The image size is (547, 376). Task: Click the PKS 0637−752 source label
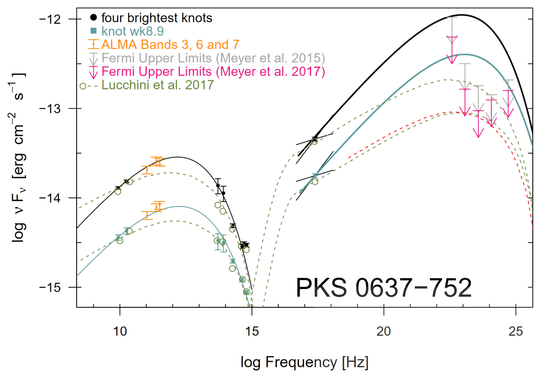coord(384,288)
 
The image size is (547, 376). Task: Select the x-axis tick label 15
coord(252,331)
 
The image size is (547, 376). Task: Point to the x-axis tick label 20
coord(384,331)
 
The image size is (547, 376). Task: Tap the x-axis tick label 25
coord(516,331)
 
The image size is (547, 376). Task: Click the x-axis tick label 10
coord(120,331)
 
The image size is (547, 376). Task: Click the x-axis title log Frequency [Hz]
coord(304,362)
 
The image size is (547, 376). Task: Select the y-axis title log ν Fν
coord(18,158)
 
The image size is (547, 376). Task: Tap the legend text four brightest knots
coord(157,18)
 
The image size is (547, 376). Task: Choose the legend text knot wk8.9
coord(132,31)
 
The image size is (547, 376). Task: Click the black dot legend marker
coord(94,18)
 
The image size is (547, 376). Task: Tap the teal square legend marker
coord(94,31)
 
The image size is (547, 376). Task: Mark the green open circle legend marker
coord(83,86)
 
